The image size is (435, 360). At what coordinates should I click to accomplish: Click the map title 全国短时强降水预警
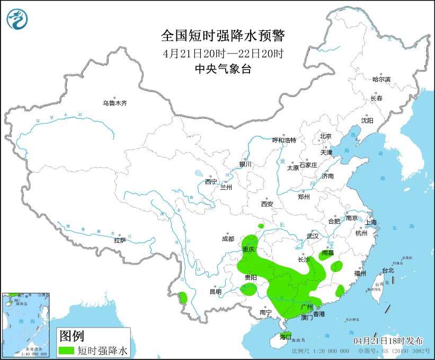tap(223, 36)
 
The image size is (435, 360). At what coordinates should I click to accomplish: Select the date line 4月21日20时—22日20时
tap(223, 53)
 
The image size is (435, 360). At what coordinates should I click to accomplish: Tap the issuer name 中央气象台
tap(223, 69)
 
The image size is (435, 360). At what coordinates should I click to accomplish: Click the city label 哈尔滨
tap(381, 79)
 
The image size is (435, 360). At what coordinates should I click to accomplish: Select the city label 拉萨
tap(119, 240)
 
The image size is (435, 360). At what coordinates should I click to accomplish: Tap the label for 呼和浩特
tap(284, 141)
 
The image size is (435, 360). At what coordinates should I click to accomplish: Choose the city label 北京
tap(325, 136)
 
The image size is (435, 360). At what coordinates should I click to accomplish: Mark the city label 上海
tap(370, 222)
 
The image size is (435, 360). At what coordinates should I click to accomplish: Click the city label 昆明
tap(215, 292)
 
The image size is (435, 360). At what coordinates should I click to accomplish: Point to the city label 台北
tap(388, 270)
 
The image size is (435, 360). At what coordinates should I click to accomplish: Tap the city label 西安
tap(267, 204)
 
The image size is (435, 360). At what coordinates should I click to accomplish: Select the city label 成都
tap(228, 239)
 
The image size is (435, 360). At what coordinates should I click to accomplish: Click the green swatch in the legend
tap(67, 350)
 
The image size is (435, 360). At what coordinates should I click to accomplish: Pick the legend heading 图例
tap(71, 336)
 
